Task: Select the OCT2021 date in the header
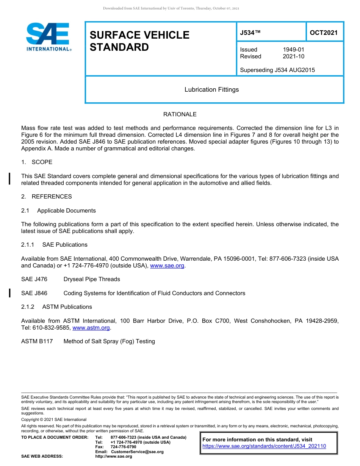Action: (324, 33)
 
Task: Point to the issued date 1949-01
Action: (293, 50)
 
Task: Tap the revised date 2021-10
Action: (293, 56)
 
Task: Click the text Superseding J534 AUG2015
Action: (277, 70)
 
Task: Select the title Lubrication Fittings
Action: (211, 90)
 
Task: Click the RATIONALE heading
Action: (180, 114)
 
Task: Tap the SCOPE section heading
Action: (42, 162)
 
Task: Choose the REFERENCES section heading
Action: (52, 197)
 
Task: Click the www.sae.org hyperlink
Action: (167, 266)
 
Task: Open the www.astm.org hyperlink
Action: (91, 328)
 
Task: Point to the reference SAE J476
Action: (34, 279)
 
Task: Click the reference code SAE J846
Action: (34, 293)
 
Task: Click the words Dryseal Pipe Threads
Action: (92, 279)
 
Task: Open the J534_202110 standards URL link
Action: (264, 446)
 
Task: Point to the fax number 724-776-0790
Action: (123, 447)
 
